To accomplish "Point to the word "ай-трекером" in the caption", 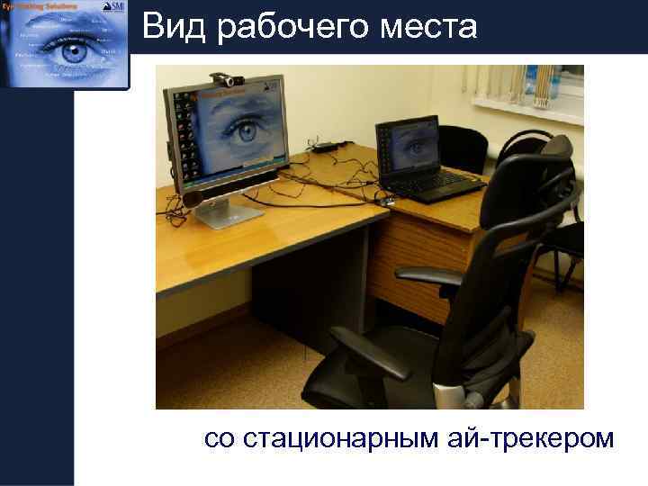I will point(527,439).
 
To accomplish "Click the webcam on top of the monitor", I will point(221,80).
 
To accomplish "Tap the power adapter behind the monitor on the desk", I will point(326,145).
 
